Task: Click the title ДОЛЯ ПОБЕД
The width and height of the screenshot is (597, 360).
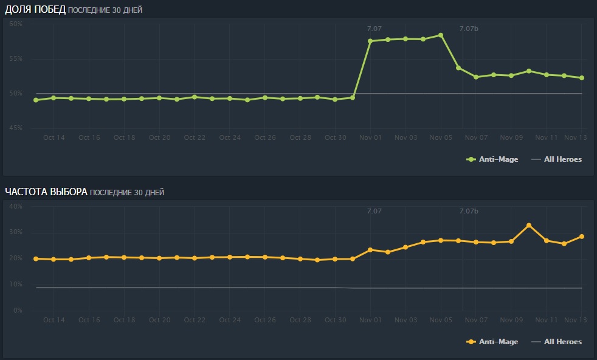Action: [x=35, y=9]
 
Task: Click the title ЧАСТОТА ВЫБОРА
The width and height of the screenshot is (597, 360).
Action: [x=46, y=192]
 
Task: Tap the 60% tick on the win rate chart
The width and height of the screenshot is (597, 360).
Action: [x=16, y=24]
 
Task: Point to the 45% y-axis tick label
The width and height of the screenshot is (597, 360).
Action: [x=16, y=128]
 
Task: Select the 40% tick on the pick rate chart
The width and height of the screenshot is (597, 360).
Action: [x=16, y=207]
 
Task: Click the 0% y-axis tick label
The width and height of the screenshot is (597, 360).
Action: [x=18, y=311]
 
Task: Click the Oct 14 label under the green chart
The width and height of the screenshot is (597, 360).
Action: [x=54, y=137]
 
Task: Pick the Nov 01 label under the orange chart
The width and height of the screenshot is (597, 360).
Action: [x=370, y=320]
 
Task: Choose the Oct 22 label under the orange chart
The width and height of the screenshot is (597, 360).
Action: [x=195, y=320]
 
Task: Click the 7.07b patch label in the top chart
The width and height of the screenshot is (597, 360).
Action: [x=469, y=29]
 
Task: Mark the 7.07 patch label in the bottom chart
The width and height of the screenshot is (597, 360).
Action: [x=374, y=211]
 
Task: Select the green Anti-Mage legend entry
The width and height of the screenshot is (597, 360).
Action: [x=492, y=159]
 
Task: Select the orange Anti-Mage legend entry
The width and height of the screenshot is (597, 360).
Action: [x=492, y=342]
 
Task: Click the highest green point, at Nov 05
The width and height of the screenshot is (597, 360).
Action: [x=441, y=35]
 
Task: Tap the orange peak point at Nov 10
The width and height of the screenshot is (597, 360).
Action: [x=529, y=226]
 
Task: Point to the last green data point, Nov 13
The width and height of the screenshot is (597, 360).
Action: [x=582, y=78]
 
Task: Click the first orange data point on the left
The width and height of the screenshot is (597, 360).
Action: [x=36, y=258]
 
